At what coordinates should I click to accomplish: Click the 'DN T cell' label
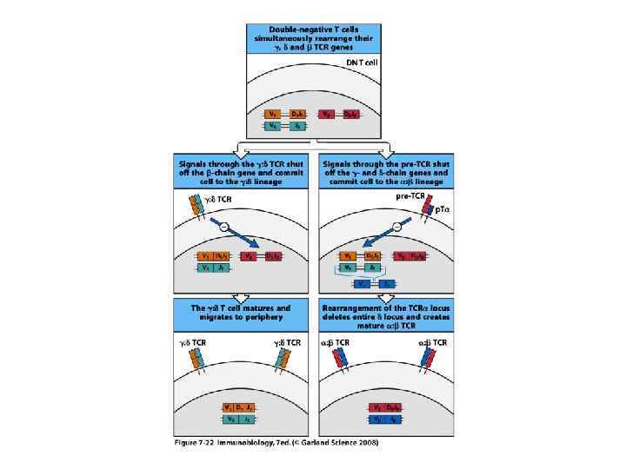click(360, 63)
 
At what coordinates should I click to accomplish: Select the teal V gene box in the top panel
click(275, 127)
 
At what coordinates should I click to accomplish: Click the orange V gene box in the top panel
click(275, 114)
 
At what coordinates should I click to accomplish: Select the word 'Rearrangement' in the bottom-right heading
click(350, 308)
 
